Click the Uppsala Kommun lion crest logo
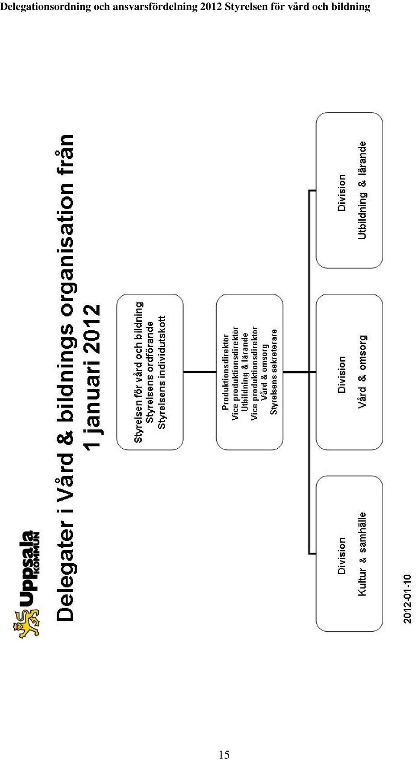(x=26, y=623)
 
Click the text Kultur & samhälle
(x=363, y=554)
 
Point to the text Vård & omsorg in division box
(x=363, y=372)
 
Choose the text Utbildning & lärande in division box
(x=363, y=190)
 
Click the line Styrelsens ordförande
(x=150, y=372)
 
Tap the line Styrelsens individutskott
(x=162, y=372)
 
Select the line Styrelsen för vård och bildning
(x=138, y=372)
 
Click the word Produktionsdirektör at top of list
(x=225, y=372)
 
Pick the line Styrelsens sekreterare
(x=274, y=372)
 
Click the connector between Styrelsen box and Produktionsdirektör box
(x=200, y=372)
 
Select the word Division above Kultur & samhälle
(x=342, y=556)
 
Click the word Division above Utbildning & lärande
(x=342, y=192)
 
